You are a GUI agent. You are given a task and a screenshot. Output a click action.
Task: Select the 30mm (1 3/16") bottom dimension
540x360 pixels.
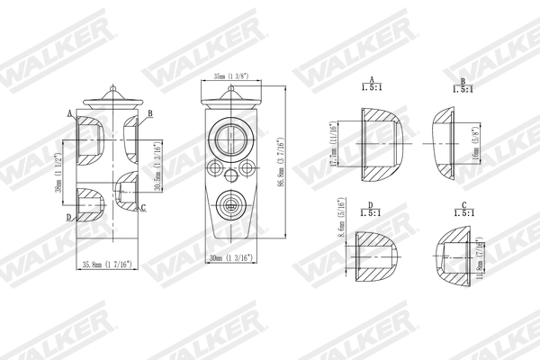click(x=229, y=260)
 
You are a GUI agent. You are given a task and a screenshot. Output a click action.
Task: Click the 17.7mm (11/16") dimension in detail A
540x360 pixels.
click(x=334, y=144)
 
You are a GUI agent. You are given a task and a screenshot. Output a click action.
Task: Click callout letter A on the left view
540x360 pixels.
click(x=69, y=113)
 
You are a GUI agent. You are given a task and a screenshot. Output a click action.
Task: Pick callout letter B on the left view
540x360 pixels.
click(x=149, y=112)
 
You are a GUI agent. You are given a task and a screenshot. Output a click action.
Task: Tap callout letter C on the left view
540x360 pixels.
click(x=143, y=209)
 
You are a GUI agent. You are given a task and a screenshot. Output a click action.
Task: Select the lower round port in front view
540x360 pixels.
click(x=229, y=204)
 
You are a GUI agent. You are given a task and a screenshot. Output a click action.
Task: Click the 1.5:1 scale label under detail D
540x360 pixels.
click(x=370, y=214)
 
